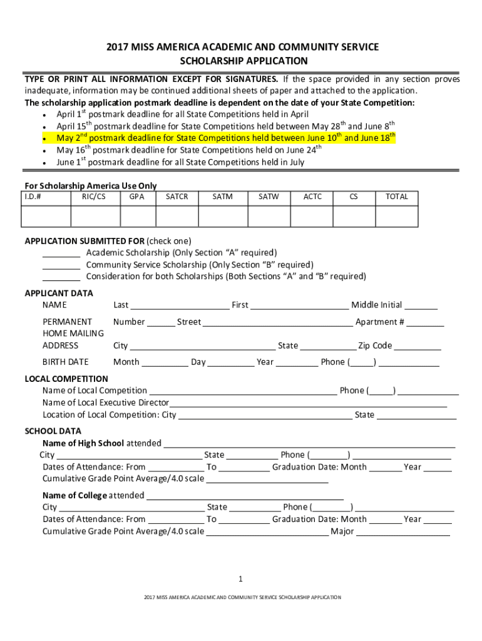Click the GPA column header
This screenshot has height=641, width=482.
(138, 197)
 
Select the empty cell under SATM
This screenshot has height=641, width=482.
(222, 215)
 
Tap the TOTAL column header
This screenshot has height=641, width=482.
(397, 197)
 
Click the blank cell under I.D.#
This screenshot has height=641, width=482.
(46, 215)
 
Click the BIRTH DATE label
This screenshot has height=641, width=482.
(66, 362)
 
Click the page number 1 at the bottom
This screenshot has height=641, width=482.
(240, 578)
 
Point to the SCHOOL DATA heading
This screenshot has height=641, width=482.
(53, 431)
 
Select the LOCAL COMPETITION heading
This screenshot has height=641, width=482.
(66, 379)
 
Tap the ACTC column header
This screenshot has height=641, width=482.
(312, 197)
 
